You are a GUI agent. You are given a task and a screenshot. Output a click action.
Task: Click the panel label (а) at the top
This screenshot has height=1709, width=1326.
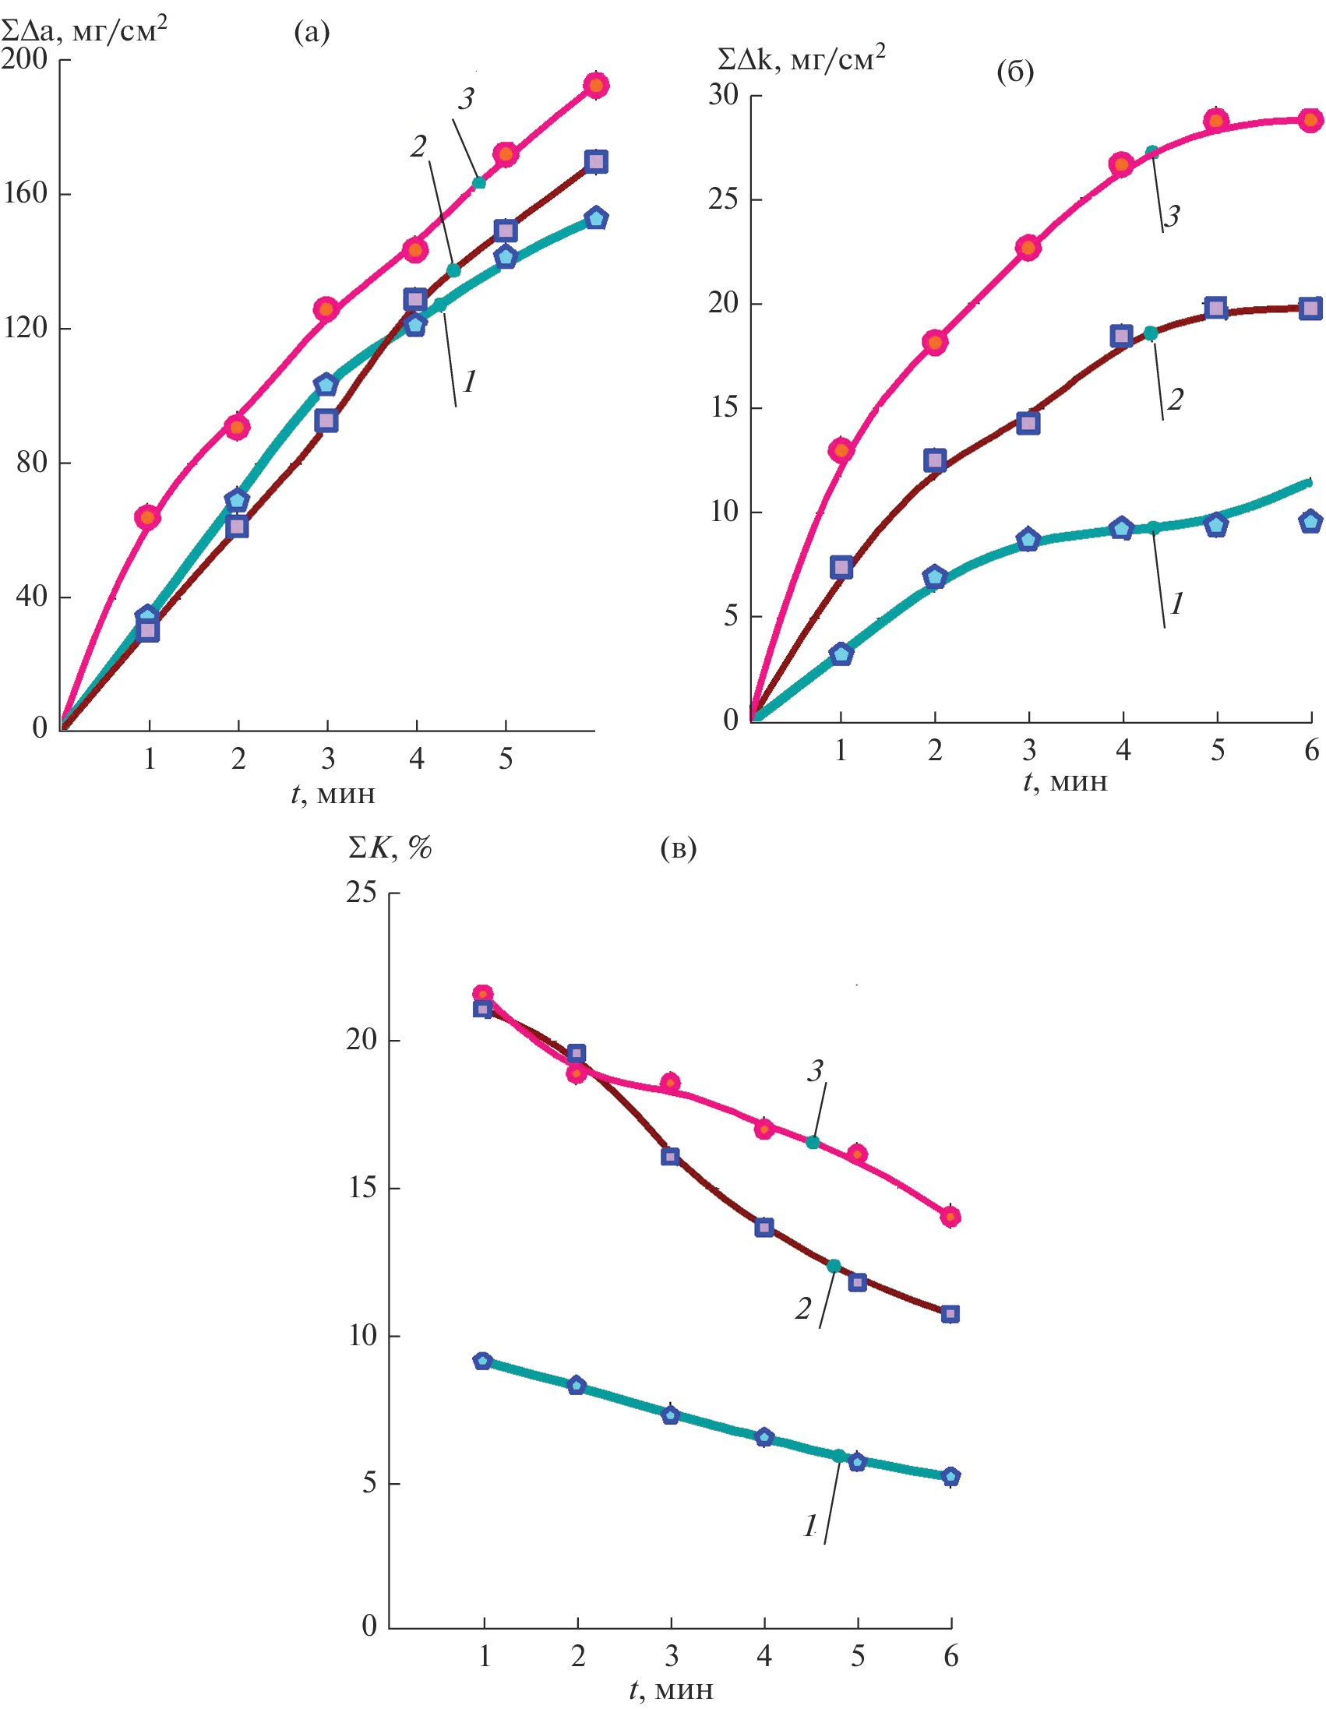click(x=312, y=33)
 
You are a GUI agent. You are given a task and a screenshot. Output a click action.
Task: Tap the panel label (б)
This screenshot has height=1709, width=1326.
click(x=1014, y=72)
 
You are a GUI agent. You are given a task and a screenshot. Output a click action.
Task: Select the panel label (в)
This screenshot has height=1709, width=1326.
click(x=678, y=848)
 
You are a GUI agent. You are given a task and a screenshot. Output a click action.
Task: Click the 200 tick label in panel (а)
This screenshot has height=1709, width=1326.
click(x=24, y=58)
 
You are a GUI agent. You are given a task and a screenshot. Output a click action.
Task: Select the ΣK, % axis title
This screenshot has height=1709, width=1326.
click(x=390, y=847)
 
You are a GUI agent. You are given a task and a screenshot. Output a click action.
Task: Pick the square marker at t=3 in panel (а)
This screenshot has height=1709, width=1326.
click(x=326, y=421)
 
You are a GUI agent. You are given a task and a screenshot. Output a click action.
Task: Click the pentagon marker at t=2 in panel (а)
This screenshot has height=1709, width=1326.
click(x=237, y=500)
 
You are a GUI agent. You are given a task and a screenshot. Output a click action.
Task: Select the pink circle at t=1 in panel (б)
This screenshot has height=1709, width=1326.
click(x=841, y=450)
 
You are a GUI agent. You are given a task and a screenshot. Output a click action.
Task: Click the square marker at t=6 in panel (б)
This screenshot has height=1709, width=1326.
click(x=1310, y=308)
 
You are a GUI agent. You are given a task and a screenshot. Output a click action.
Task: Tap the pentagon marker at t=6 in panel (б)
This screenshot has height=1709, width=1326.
click(x=1310, y=521)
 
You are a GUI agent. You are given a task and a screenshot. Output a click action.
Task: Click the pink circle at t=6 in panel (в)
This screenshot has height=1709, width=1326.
click(x=950, y=1217)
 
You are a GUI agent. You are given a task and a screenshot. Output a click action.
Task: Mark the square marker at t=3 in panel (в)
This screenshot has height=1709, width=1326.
click(x=670, y=1157)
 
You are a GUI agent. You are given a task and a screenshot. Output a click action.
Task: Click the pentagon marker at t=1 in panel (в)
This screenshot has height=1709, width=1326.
click(x=483, y=1361)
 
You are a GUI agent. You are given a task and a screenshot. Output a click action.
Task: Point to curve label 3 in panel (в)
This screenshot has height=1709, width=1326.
click(x=815, y=1070)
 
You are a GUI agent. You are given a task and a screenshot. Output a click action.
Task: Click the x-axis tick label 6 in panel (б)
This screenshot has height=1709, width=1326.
click(x=1311, y=751)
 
